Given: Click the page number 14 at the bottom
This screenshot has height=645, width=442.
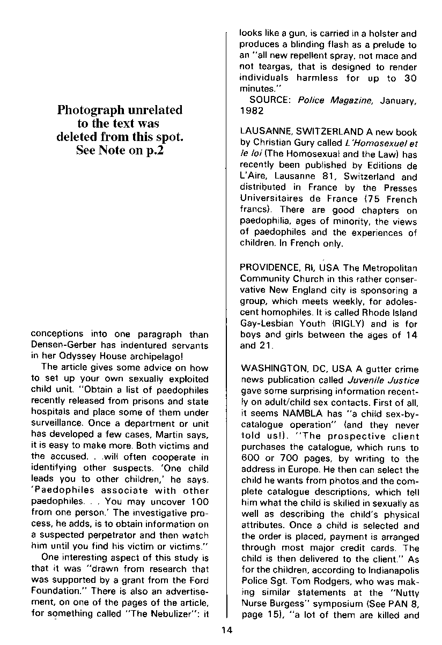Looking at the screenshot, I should tap(226, 630).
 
